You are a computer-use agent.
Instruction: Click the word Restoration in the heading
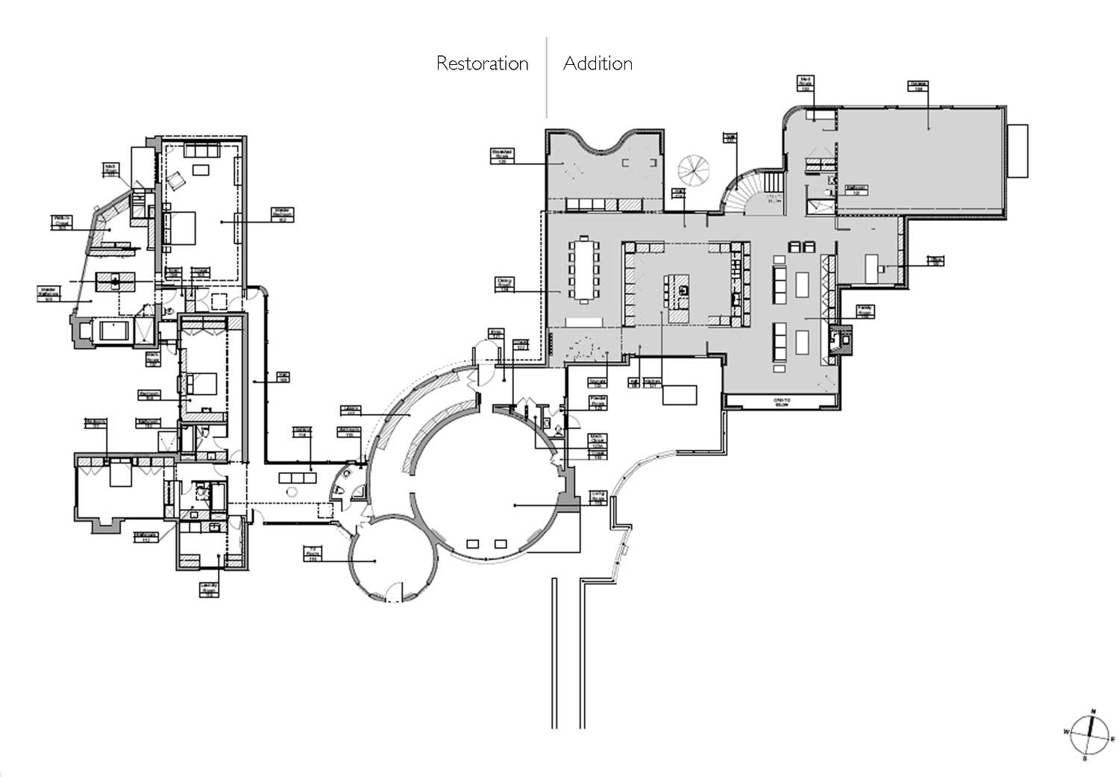tap(482, 63)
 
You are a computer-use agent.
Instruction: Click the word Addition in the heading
tap(598, 63)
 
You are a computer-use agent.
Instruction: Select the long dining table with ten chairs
tap(583, 269)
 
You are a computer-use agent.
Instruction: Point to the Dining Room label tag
tap(505, 284)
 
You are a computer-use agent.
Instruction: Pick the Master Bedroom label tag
tap(283, 215)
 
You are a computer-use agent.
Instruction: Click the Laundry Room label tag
tap(210, 591)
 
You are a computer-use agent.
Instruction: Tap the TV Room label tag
tap(313, 553)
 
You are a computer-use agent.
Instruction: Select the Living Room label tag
tap(598, 498)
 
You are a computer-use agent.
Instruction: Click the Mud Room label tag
tap(806, 83)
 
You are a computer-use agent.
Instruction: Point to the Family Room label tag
tap(865, 311)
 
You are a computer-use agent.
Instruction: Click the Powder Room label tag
tap(598, 403)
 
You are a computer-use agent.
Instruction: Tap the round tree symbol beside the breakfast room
tap(695, 171)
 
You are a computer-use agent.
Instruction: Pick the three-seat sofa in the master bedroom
tap(201, 149)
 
